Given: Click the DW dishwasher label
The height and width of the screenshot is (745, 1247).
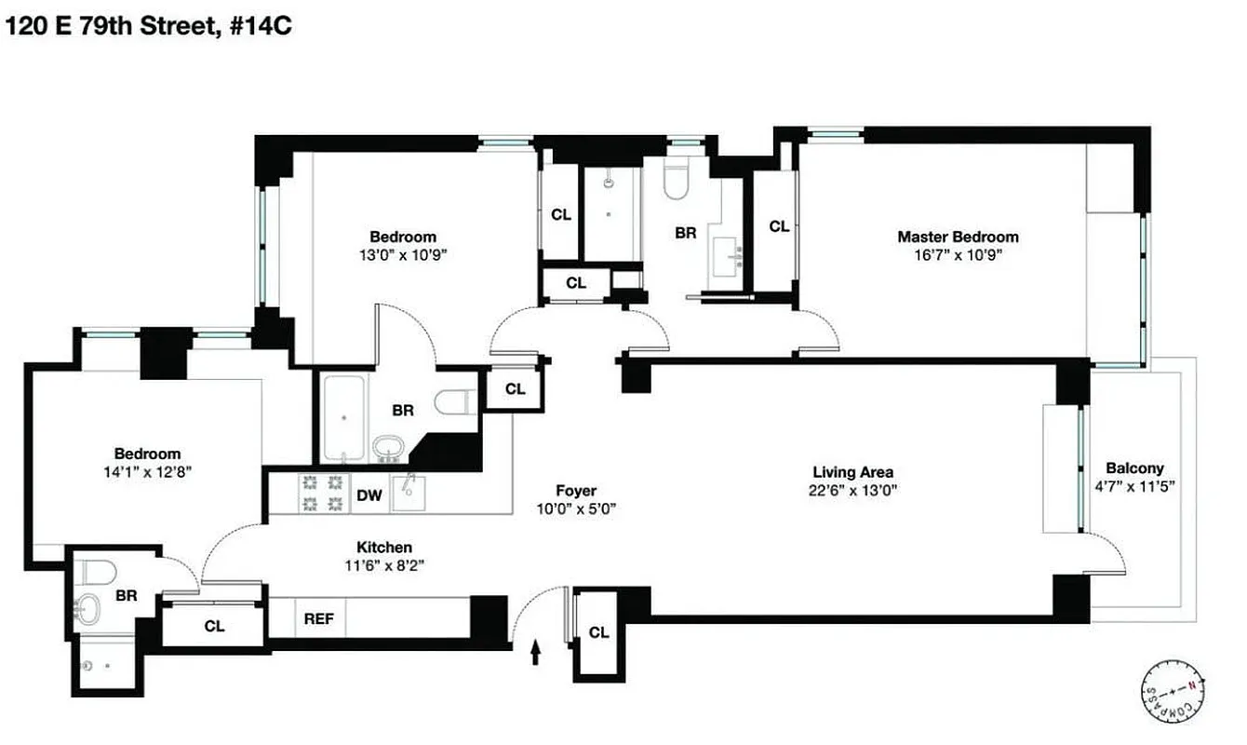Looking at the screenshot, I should coord(369,495).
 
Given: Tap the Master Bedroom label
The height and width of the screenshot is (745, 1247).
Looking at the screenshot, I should coord(957,237).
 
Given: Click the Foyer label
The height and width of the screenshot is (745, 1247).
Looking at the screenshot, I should coord(576,491).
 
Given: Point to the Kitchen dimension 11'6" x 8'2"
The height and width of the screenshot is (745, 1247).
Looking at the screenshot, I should coord(384,565).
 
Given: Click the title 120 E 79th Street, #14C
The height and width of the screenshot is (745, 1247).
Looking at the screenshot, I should coord(150,26).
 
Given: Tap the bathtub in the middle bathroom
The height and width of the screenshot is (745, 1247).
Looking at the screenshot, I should coord(344,418).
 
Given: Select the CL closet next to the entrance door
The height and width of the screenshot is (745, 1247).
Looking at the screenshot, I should coord(598,632).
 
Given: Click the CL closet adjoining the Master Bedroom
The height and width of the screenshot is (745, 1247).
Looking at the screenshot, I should coord(778,226).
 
